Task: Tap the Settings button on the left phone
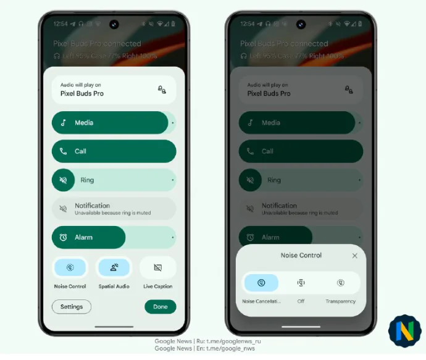click(72, 307)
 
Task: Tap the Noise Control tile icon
click(70, 267)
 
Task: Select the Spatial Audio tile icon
click(114, 267)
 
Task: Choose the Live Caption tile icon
click(157, 267)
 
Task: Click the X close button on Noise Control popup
click(354, 256)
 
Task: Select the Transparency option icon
click(340, 283)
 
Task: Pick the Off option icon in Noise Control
click(301, 283)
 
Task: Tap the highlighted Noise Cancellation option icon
click(261, 283)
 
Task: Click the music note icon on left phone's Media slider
click(63, 123)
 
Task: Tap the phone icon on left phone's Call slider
click(63, 151)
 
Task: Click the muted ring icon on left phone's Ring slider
click(63, 180)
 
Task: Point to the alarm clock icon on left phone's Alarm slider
click(63, 237)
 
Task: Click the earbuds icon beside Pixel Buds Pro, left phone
click(162, 90)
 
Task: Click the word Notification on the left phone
click(92, 206)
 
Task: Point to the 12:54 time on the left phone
click(61, 24)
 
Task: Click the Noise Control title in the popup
click(301, 256)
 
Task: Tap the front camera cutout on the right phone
click(301, 24)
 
